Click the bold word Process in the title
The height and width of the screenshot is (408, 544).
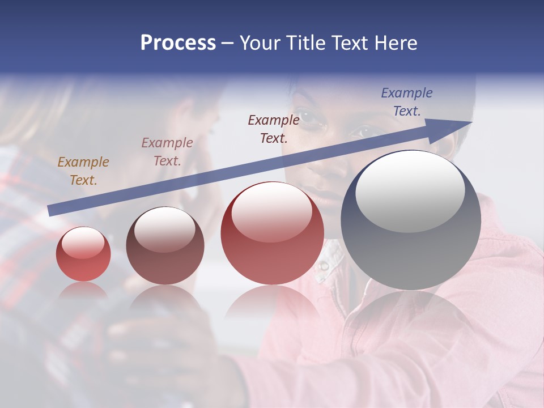coord(178,43)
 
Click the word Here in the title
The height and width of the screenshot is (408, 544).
coord(396,43)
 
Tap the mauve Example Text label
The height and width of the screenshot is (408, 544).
coord(167,152)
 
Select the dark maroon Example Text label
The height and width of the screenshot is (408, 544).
coord(274,129)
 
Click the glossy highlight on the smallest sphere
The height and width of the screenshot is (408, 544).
coord(83,243)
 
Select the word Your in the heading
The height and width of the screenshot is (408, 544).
coord(261,43)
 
